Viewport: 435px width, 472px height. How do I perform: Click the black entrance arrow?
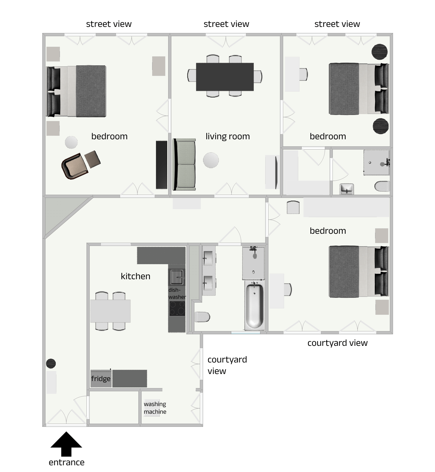coord(66,444)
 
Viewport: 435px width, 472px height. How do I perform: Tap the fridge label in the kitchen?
coord(101,379)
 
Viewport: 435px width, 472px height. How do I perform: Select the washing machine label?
coord(155,408)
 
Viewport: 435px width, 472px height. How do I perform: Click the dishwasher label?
coord(177,293)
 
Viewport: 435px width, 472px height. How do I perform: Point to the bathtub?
coord(254,306)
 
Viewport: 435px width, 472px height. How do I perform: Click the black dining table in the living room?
coord(225,77)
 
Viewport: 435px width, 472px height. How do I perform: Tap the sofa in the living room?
coord(184,164)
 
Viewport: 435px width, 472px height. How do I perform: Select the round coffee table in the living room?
coord(211,160)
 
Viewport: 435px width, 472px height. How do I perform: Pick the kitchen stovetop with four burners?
coord(177,309)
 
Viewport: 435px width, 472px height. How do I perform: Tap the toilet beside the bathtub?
coord(202,317)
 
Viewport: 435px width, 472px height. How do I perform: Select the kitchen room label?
coord(135,276)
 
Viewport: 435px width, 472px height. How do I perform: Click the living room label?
coord(227,136)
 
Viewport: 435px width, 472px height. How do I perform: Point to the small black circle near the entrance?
coord(51,363)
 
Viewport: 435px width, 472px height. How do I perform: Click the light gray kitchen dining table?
coord(110,311)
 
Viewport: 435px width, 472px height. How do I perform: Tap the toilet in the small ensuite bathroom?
coord(382,186)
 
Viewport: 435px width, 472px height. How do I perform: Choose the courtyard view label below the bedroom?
coord(337,343)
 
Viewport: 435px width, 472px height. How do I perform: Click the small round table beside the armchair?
coord(71,142)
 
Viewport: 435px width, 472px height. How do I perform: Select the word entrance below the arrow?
coord(67,462)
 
